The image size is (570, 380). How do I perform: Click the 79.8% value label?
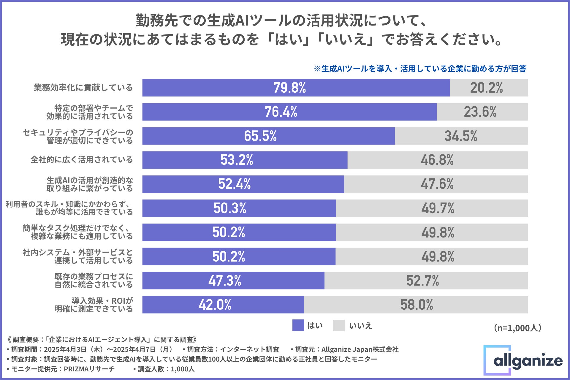pyautogui.click(x=289, y=88)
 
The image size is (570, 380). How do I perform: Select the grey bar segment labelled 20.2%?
pyautogui.click(x=489, y=88)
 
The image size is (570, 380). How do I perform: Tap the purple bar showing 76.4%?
pyautogui.click(x=289, y=112)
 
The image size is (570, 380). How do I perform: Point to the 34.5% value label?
pyautogui.click(x=461, y=136)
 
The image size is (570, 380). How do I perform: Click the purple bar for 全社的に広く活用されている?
pyautogui.click(x=245, y=160)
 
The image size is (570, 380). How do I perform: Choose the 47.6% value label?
pyautogui.click(x=437, y=184)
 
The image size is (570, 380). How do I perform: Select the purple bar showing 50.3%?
pyautogui.click(x=239, y=208)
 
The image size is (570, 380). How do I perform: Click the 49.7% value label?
pyautogui.click(x=438, y=208)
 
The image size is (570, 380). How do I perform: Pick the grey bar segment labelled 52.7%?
pyautogui.click(x=426, y=281)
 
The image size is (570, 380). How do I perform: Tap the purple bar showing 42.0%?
pyautogui.click(x=223, y=305)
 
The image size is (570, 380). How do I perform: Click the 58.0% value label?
pyautogui.click(x=417, y=305)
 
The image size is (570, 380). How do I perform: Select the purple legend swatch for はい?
pyautogui.click(x=298, y=325)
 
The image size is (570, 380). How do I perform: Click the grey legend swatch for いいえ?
pyautogui.click(x=339, y=325)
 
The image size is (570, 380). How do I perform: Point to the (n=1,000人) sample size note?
pyautogui.click(x=517, y=328)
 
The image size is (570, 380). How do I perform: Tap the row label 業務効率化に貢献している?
pyautogui.click(x=83, y=88)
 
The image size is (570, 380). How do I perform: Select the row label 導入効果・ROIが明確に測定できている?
pyautogui.click(x=94, y=305)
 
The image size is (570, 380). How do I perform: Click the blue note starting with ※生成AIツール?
pyautogui.click(x=420, y=69)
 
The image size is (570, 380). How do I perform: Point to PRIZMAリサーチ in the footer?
pyautogui.click(x=89, y=369)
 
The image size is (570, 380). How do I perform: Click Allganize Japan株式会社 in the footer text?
pyautogui.click(x=360, y=349)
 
